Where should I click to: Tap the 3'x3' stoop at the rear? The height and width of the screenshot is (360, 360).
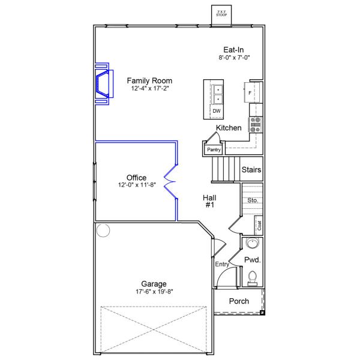[x=221, y=13]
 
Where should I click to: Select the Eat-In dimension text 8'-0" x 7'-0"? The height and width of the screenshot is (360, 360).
[x=233, y=58]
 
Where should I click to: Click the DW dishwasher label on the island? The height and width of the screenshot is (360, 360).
[x=217, y=111]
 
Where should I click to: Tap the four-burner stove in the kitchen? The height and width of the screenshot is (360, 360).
[x=256, y=124]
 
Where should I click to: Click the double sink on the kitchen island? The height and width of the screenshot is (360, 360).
[x=217, y=93]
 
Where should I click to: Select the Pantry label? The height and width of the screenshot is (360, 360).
[x=213, y=149]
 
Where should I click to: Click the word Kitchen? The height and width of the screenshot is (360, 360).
[x=229, y=128]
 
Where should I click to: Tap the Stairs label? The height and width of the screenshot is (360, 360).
[x=251, y=170]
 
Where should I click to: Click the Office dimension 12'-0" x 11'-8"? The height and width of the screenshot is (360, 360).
[x=136, y=185]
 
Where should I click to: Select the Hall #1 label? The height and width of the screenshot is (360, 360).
[x=209, y=201]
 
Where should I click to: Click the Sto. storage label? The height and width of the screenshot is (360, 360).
[x=253, y=200]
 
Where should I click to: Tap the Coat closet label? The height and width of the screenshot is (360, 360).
[x=259, y=225]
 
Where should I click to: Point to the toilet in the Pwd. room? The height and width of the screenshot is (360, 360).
[x=252, y=277]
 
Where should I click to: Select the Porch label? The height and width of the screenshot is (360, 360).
[x=239, y=301]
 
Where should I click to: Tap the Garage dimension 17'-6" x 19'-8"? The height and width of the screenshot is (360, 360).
[x=154, y=292]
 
